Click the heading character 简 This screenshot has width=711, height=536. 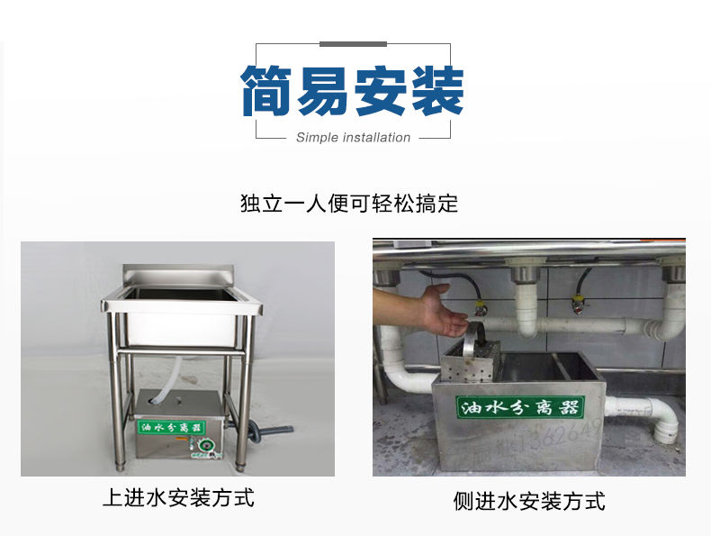click(269, 90)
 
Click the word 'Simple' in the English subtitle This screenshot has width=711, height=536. click(316, 138)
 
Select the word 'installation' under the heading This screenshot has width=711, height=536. click(376, 138)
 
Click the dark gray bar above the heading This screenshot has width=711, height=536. click(353, 44)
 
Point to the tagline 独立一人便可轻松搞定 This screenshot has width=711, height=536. click(349, 204)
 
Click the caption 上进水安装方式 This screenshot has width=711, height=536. click(178, 497)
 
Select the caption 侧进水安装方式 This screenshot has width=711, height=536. click(529, 501)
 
